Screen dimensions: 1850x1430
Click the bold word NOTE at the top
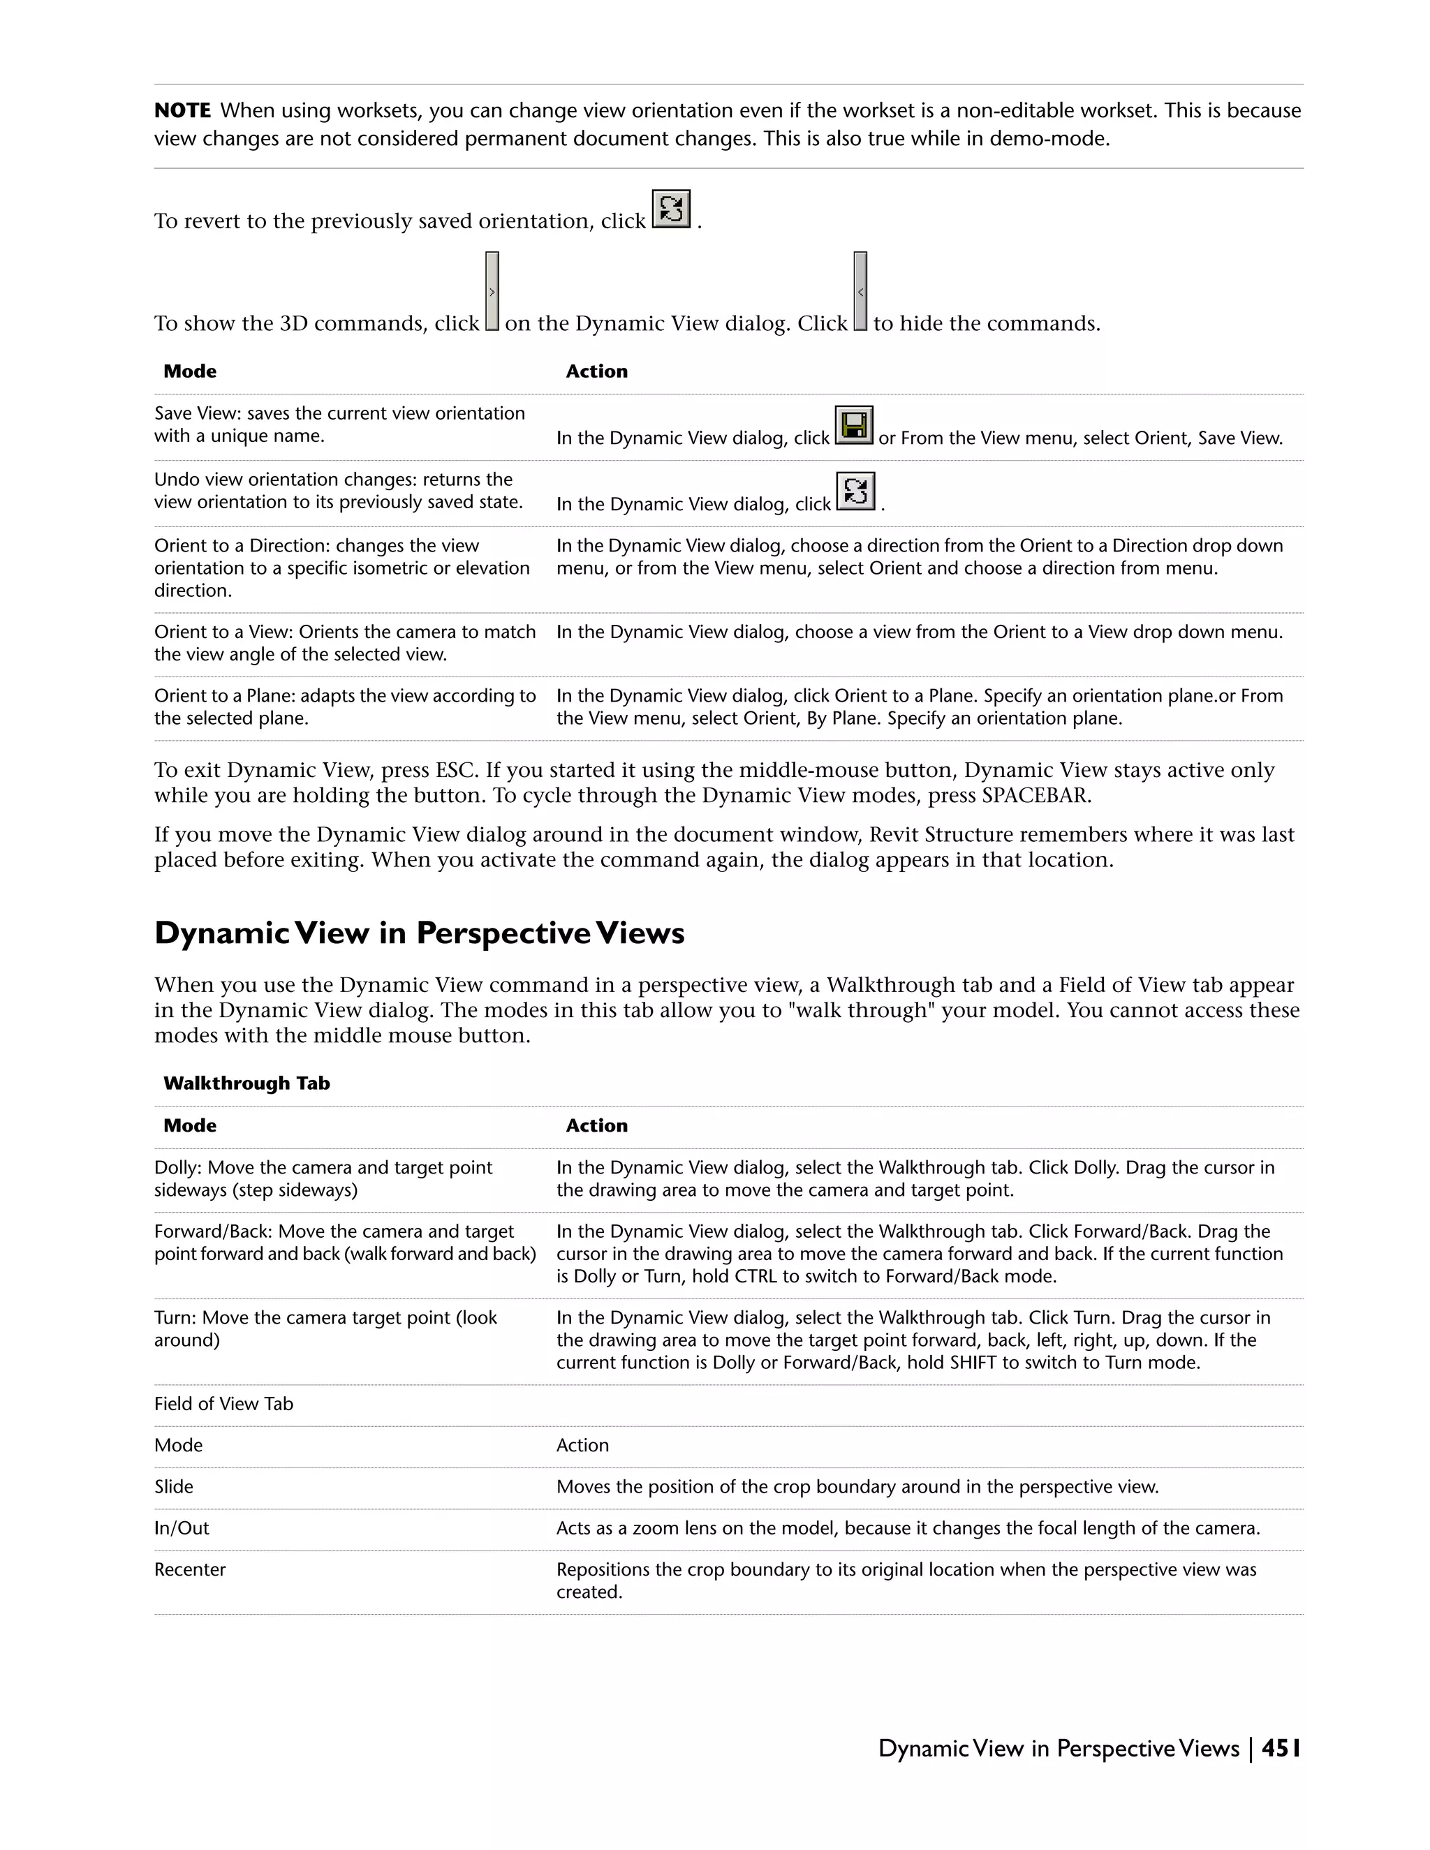[182, 111]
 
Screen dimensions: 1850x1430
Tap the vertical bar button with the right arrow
[492, 290]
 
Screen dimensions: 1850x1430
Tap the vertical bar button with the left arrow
[860, 290]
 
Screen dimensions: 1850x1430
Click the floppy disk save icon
[854, 425]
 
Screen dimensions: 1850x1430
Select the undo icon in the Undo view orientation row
[855, 491]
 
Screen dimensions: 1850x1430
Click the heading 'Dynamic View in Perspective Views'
[420, 933]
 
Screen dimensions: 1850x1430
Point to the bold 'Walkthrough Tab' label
[246, 1083]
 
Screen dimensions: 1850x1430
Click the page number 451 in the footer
[1281, 1747]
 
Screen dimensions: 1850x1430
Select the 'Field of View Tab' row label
[223, 1404]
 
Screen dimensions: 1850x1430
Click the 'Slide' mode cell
[174, 1486]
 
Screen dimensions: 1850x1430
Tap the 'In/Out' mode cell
[182, 1528]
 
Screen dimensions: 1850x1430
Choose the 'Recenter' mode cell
[190, 1569]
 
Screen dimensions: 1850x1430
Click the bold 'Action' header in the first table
[596, 371]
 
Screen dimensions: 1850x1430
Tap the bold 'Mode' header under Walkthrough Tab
[190, 1126]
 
